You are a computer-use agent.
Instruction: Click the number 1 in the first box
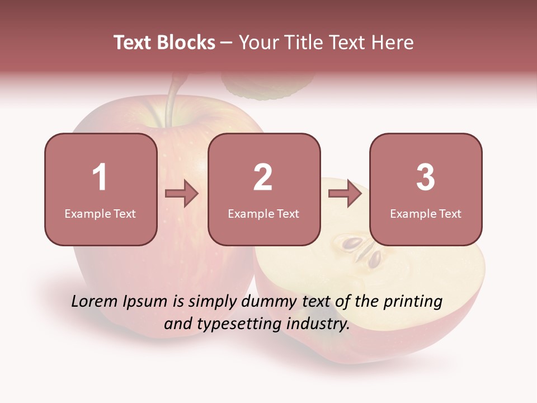[100, 177]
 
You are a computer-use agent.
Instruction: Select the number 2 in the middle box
[263, 177]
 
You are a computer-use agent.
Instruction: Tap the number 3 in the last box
[426, 177]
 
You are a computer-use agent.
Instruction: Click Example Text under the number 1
[100, 214]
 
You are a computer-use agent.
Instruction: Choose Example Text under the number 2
[263, 214]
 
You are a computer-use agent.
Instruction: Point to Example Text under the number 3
[426, 214]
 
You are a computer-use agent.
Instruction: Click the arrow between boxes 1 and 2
[182, 194]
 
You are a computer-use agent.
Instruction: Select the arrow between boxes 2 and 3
[345, 194]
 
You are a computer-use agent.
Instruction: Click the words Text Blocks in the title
[164, 43]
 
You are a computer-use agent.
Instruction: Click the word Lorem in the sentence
[95, 302]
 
